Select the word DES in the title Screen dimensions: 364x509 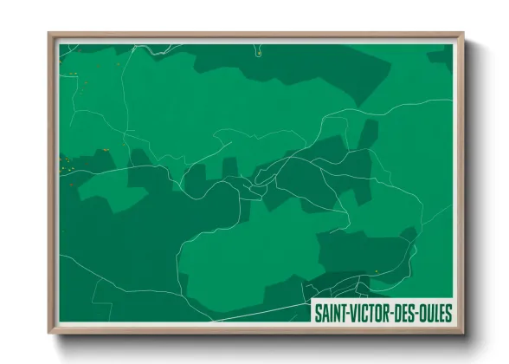pyautogui.click(x=410, y=312)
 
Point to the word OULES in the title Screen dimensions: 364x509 pyautogui.click(x=438, y=312)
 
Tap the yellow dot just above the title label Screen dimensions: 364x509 pyautogui.click(x=376, y=271)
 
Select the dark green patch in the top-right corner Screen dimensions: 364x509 pyautogui.click(x=441, y=55)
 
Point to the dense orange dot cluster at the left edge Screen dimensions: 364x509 pyautogui.click(x=64, y=163)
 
